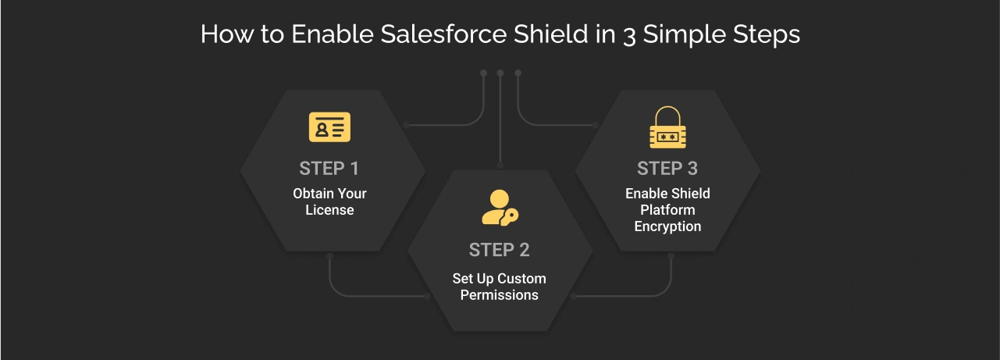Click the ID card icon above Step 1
(x=329, y=127)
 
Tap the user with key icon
(x=499, y=208)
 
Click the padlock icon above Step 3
(x=667, y=129)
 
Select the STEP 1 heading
(x=329, y=169)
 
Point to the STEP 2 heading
(x=499, y=250)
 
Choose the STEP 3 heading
(x=667, y=169)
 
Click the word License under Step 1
(x=329, y=210)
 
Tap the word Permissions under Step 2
(x=499, y=295)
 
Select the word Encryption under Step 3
(x=667, y=226)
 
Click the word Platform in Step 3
(x=667, y=210)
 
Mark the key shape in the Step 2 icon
(x=511, y=216)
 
